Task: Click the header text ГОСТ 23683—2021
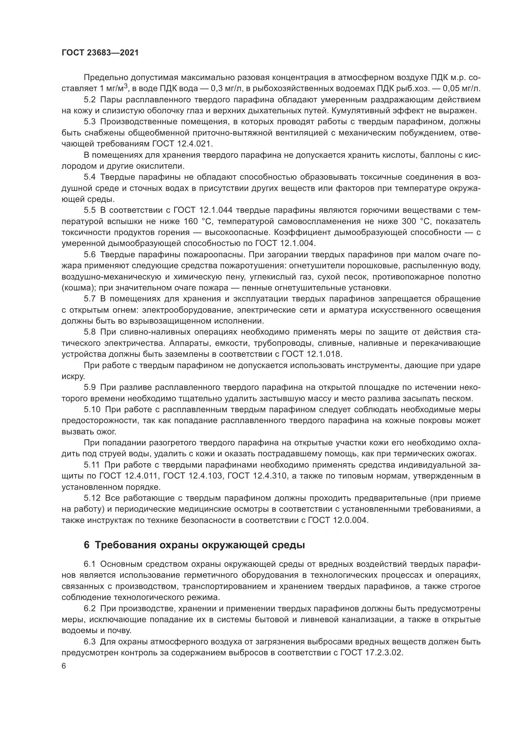click(100, 53)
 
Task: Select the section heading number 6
click(86, 545)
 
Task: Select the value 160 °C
click(195, 221)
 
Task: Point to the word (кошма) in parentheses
click(79, 288)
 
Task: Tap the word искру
click(69, 376)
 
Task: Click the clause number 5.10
click(92, 409)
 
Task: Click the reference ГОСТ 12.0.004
click(338, 520)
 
